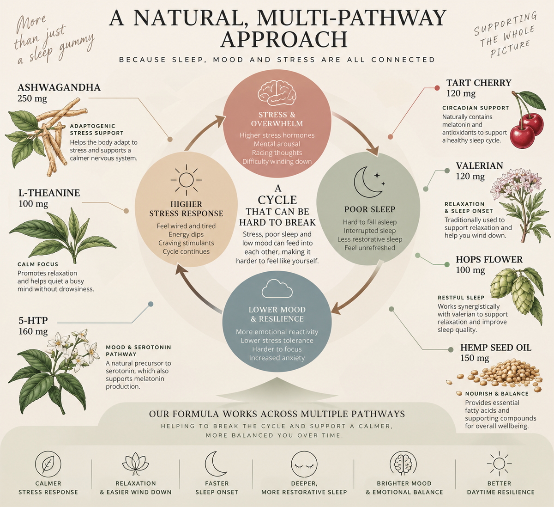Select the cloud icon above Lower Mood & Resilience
[x=277, y=288]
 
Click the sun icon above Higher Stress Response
[x=186, y=180]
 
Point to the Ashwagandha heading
[x=59, y=87]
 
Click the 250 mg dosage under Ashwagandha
[x=32, y=98]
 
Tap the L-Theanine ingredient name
[x=49, y=193]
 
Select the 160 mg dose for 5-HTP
[x=33, y=331]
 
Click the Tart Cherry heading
[x=479, y=83]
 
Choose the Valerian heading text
[x=479, y=165]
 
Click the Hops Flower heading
[x=489, y=259]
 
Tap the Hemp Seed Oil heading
[x=496, y=348]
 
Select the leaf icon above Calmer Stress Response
[x=48, y=464]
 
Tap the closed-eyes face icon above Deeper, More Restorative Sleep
[x=304, y=464]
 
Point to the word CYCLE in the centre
[x=277, y=200]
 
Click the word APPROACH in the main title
[x=283, y=40]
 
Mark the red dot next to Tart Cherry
[x=437, y=88]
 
